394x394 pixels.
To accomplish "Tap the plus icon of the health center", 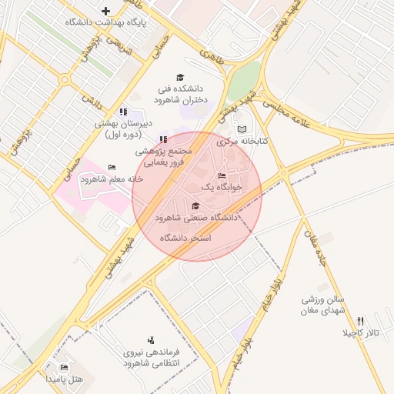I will (105, 11).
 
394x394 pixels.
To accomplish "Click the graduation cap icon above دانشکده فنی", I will (180, 78).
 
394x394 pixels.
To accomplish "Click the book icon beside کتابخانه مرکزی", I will (242, 129).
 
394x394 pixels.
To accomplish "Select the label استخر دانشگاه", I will (185, 239).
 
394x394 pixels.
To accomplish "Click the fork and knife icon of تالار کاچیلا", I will (360, 320).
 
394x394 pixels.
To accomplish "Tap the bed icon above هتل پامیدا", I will (64, 368).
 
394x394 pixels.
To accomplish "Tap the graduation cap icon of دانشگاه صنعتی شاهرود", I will (195, 206).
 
